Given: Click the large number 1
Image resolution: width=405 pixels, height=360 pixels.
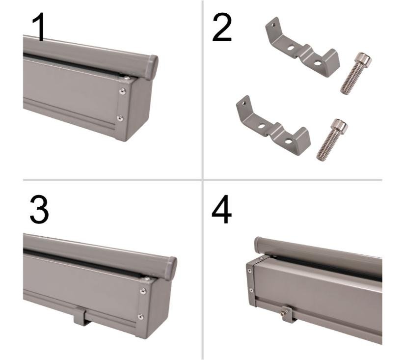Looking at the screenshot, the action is point(39,28).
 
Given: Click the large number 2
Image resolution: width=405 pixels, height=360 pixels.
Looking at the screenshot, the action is point(221,28).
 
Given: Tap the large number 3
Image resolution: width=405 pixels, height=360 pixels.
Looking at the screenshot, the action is point(39,209).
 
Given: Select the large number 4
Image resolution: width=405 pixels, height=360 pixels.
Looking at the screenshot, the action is point(221,209).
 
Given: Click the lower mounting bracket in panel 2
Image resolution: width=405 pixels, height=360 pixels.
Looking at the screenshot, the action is point(272,128).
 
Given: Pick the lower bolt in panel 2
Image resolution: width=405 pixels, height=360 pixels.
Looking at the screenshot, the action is point(332,139).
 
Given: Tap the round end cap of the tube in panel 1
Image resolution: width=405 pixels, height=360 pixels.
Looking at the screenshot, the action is point(152,67).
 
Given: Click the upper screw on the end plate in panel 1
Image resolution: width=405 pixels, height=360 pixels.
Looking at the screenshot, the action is point(122,91).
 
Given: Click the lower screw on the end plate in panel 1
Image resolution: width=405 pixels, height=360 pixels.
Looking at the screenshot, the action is point(120,118).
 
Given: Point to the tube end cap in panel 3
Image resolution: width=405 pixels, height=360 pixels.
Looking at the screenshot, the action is point(171,268).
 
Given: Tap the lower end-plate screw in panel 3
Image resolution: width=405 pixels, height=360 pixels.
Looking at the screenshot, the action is point(141,317).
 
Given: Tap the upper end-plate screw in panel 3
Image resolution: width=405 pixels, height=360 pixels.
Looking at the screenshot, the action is point(143,291).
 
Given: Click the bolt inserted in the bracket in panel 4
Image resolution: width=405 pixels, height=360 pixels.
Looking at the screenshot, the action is point(285,310).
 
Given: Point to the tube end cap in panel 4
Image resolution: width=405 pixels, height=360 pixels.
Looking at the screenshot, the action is point(259,244).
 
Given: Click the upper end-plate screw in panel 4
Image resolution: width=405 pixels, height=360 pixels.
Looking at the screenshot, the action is point(249,271).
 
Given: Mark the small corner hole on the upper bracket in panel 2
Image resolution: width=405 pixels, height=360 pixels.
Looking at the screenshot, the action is point(273,25).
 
